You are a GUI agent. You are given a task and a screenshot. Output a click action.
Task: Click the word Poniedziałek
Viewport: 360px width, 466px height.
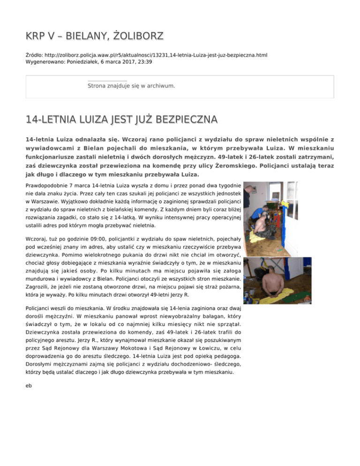[x=80, y=61]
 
